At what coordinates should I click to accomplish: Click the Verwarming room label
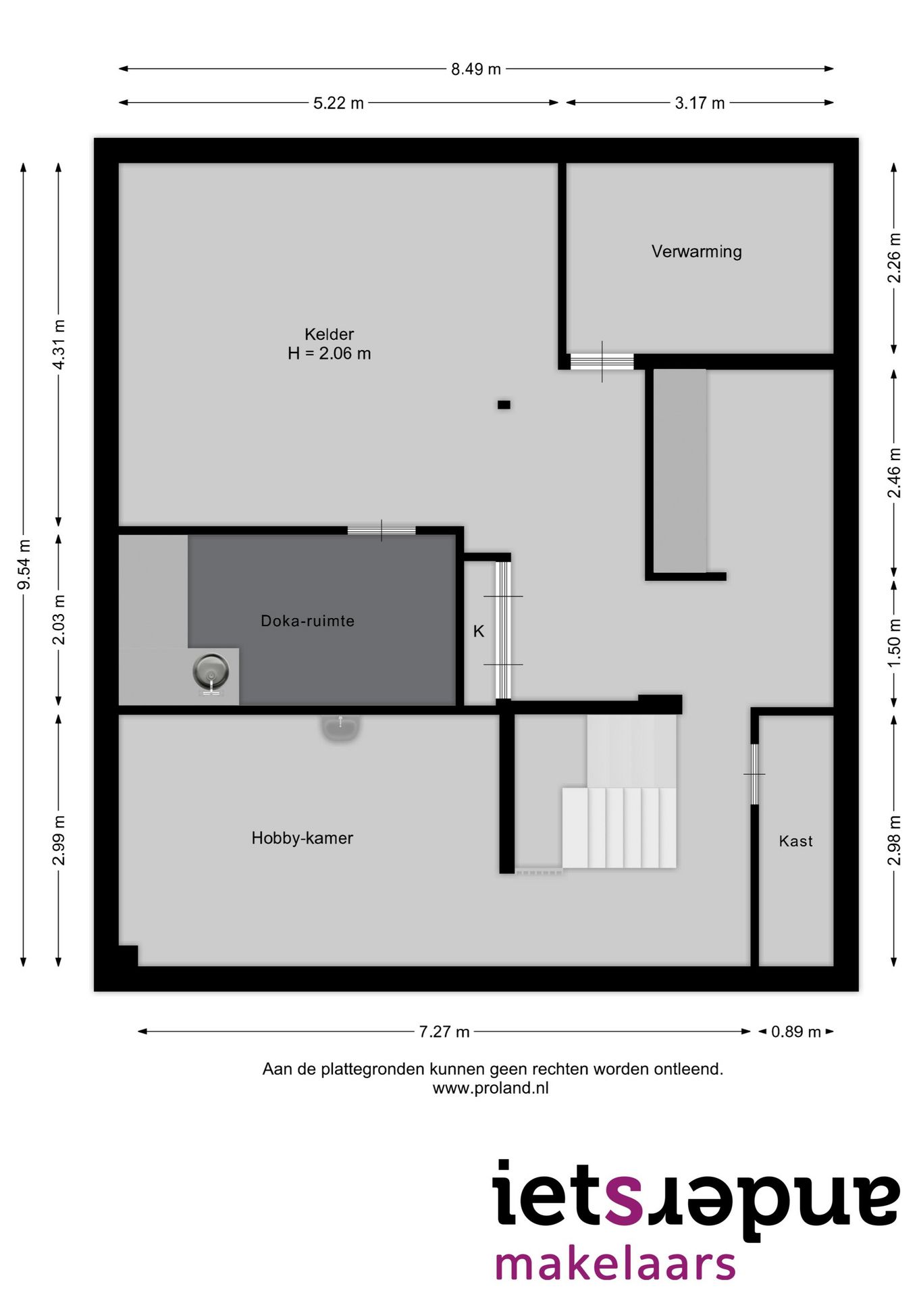[x=696, y=252]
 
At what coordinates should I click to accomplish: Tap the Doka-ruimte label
[x=307, y=621]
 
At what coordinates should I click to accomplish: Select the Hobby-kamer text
[x=302, y=838]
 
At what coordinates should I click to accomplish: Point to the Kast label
[x=795, y=841]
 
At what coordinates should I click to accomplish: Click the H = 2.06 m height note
[x=329, y=353]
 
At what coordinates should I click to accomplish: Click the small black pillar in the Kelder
[x=504, y=405]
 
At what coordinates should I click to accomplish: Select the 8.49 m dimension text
[x=476, y=69]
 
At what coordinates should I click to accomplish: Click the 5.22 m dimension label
[x=338, y=103]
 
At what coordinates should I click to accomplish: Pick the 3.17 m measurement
[x=700, y=103]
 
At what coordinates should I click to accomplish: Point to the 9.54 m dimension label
[x=24, y=564]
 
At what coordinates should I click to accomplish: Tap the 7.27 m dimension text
[x=444, y=1032]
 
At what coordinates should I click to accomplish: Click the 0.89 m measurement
[x=795, y=1032]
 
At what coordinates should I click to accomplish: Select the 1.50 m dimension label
[x=894, y=643]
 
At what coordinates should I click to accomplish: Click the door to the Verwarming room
[x=602, y=362]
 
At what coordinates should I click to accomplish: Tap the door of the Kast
[x=754, y=774]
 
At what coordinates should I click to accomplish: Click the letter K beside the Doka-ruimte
[x=479, y=632]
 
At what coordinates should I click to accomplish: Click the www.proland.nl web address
[x=491, y=1088]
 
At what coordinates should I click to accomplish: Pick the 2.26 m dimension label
[x=894, y=258]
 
